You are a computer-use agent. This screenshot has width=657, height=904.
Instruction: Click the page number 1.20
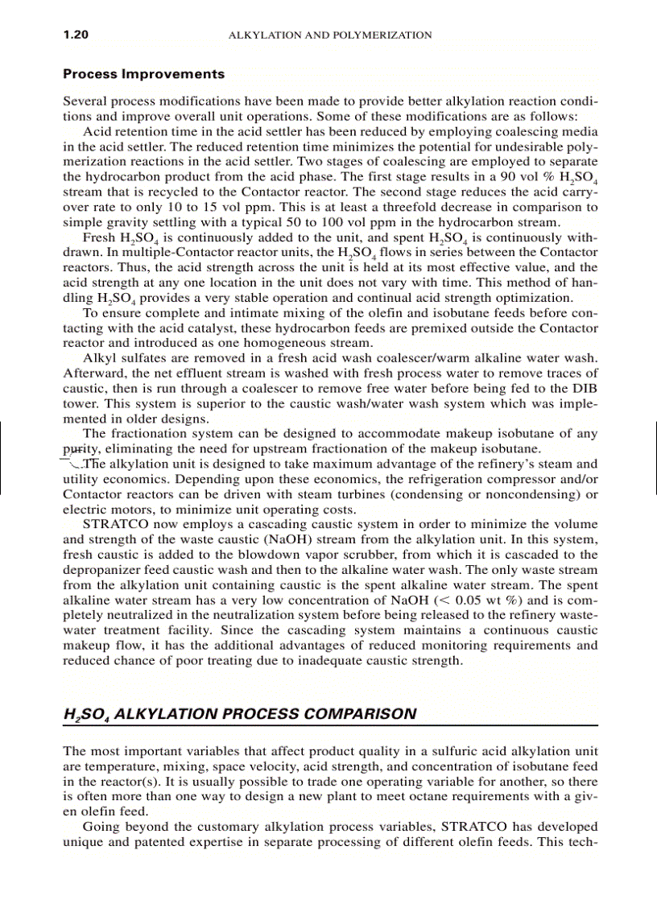(76, 35)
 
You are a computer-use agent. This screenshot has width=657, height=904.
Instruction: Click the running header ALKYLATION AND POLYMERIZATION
(330, 35)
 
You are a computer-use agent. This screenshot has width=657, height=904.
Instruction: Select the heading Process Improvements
(144, 74)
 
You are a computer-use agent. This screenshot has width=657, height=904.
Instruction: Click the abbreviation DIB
(586, 388)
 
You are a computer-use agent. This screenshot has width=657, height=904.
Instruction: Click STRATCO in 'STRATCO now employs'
(112, 524)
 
